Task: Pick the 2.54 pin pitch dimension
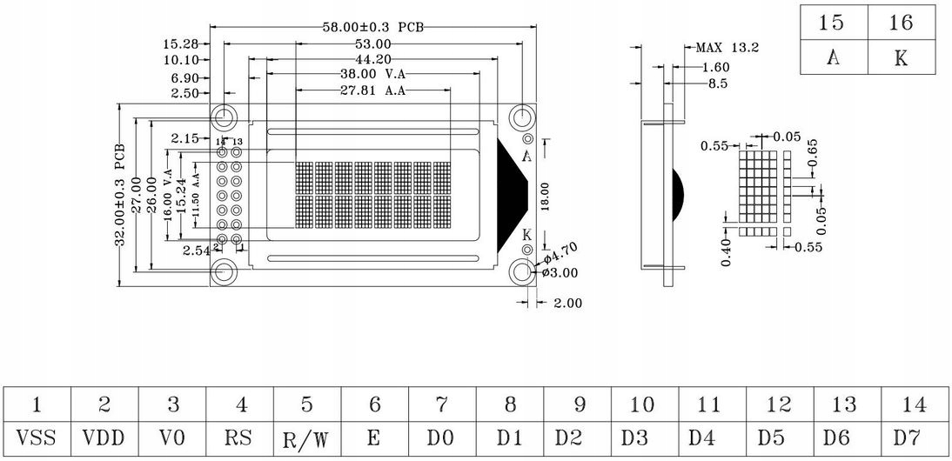pyautogui.click(x=197, y=251)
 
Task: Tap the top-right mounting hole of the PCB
pyautogui.click(x=522, y=117)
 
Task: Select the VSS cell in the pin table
pyautogui.click(x=37, y=437)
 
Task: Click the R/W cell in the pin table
pyautogui.click(x=307, y=438)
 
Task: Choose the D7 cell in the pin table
pyautogui.click(x=914, y=437)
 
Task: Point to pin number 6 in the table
pyautogui.click(x=374, y=404)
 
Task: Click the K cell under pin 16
pyautogui.click(x=901, y=59)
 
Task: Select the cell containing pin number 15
pyautogui.click(x=833, y=23)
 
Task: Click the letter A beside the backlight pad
pyautogui.click(x=526, y=157)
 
